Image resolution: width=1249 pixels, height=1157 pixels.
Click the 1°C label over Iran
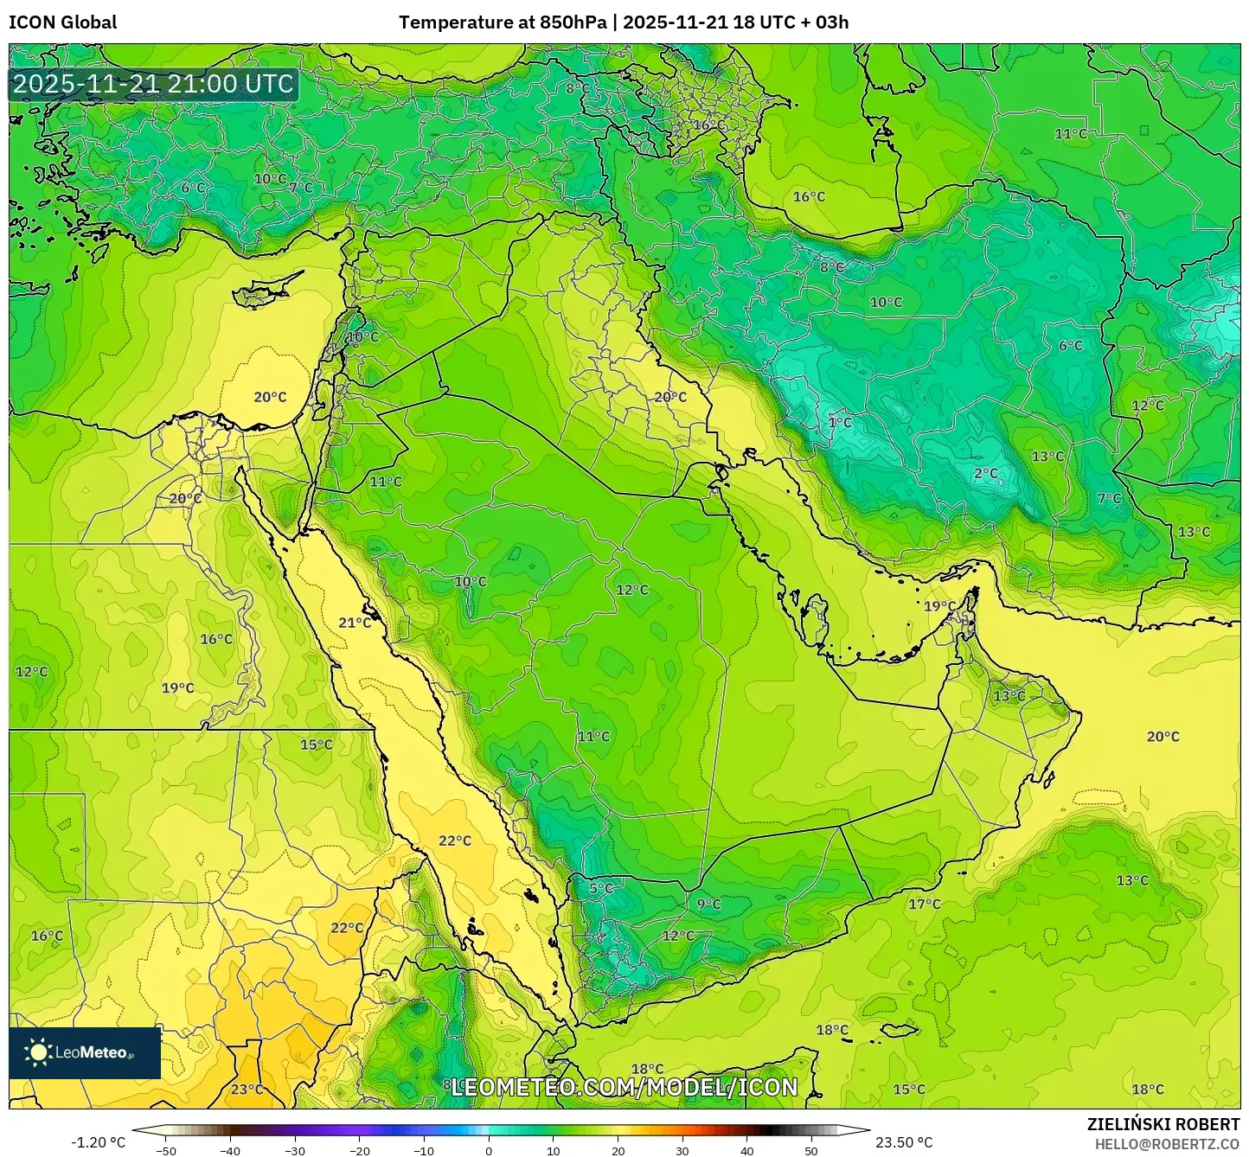(x=840, y=423)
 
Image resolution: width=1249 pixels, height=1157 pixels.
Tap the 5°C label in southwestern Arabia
(x=601, y=888)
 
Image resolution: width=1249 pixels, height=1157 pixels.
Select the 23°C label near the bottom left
(x=247, y=1090)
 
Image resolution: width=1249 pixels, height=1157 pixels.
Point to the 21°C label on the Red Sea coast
(x=355, y=623)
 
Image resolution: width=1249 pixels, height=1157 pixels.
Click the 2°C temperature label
(x=986, y=474)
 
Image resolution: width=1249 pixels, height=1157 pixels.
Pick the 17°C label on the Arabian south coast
(x=924, y=905)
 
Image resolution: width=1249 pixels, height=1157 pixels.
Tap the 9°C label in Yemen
(x=708, y=905)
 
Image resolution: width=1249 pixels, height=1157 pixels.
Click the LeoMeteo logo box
(x=85, y=1052)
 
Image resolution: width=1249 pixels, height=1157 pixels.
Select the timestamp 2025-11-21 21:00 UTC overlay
(x=153, y=84)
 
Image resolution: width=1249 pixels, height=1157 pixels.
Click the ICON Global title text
(x=62, y=22)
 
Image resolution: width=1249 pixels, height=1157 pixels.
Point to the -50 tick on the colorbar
(x=166, y=1151)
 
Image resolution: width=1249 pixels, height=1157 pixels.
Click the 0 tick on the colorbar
(x=489, y=1151)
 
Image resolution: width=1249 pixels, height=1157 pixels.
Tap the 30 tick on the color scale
(x=682, y=1151)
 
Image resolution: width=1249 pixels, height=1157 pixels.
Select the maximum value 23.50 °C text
(x=904, y=1143)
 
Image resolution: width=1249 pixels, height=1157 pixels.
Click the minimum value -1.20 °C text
(x=98, y=1143)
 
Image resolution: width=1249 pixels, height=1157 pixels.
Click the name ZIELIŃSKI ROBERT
(x=1163, y=1124)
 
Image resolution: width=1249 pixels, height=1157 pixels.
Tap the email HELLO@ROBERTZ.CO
(x=1167, y=1144)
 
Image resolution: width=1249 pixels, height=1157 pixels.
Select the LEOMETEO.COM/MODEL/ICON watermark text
(x=624, y=1087)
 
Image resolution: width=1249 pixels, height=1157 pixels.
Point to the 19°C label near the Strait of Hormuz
(x=939, y=606)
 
